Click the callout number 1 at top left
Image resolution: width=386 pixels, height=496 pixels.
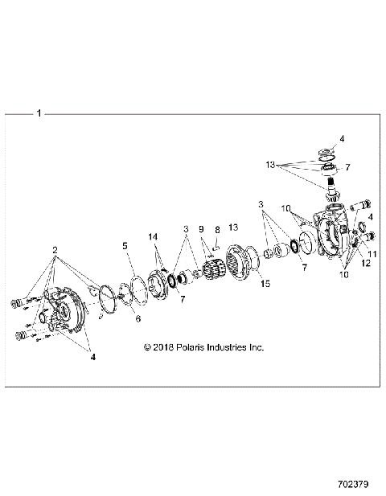(x=38, y=114)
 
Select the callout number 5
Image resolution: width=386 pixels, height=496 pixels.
(x=125, y=244)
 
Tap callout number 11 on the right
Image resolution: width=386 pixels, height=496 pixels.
(x=372, y=253)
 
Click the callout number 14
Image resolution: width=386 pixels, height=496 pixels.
(x=154, y=236)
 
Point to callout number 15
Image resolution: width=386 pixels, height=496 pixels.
(x=265, y=284)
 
